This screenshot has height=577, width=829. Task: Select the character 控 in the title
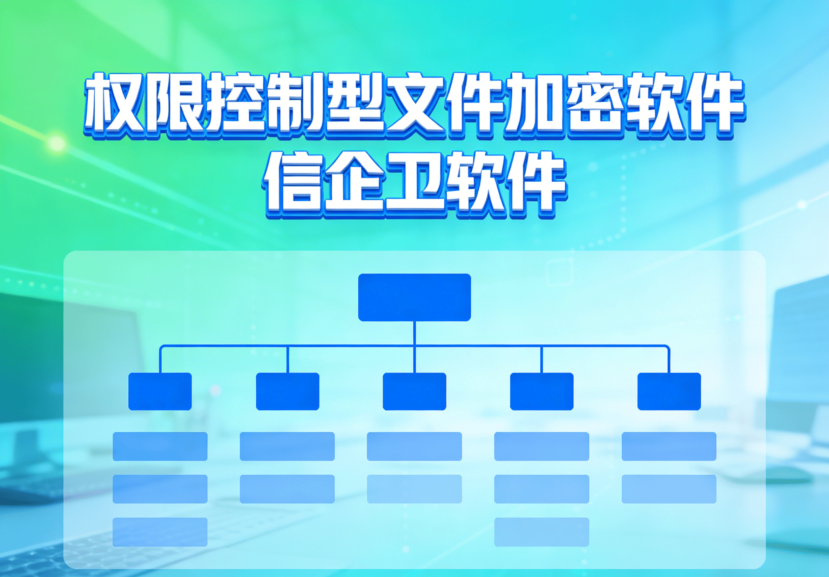pyautogui.click(x=236, y=103)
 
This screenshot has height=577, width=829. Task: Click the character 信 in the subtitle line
pyautogui.click(x=293, y=185)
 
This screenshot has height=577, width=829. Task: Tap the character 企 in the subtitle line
pyautogui.click(x=354, y=185)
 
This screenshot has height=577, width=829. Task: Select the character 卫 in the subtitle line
pyautogui.click(x=414, y=185)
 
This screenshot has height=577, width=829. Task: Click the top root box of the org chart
pyautogui.click(x=414, y=297)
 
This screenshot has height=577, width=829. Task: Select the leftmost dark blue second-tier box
pyautogui.click(x=160, y=391)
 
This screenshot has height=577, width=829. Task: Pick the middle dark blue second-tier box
pyautogui.click(x=414, y=391)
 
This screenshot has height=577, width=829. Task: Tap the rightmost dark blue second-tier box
pyautogui.click(x=669, y=391)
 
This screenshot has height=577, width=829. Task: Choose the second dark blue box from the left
pyautogui.click(x=288, y=391)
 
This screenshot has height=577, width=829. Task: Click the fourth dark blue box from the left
pyautogui.click(x=541, y=391)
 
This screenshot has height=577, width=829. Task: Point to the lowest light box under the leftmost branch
pyautogui.click(x=160, y=532)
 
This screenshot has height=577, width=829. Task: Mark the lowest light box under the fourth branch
pyautogui.click(x=541, y=532)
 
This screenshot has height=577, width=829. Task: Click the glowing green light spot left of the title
pyautogui.click(x=56, y=144)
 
